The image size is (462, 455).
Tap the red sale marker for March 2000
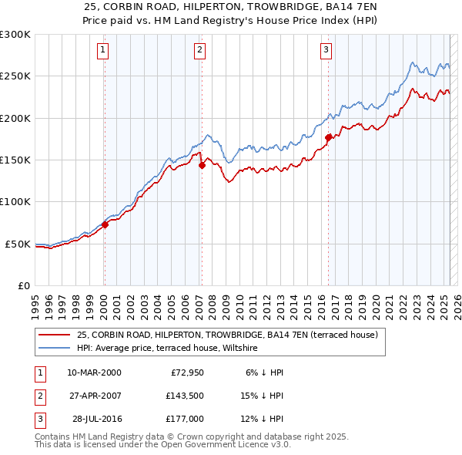tap(105, 224)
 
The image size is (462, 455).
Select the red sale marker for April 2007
tap(201, 164)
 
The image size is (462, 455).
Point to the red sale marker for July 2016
tap(328, 137)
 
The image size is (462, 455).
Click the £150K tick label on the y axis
tap(16, 160)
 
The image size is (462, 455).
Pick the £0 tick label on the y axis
tap(25, 285)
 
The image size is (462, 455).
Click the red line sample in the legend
tap(54, 335)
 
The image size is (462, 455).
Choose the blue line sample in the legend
tap(54, 349)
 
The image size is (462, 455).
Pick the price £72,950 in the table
tap(186, 372)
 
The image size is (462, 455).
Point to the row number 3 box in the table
tap(38, 419)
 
